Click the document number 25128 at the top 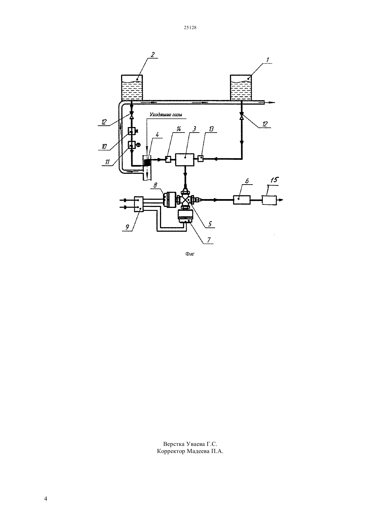(x=190, y=27)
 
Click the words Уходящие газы (x=166, y=115)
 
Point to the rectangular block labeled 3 (x=185, y=160)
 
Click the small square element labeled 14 (x=168, y=160)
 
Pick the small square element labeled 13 (x=200, y=159)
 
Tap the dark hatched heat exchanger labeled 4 (x=147, y=162)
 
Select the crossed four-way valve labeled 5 (x=186, y=200)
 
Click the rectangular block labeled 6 (x=242, y=200)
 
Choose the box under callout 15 (x=270, y=200)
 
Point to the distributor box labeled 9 (x=139, y=204)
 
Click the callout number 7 (x=208, y=240)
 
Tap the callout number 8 (x=155, y=185)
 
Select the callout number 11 (x=107, y=162)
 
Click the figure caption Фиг (x=190, y=254)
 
